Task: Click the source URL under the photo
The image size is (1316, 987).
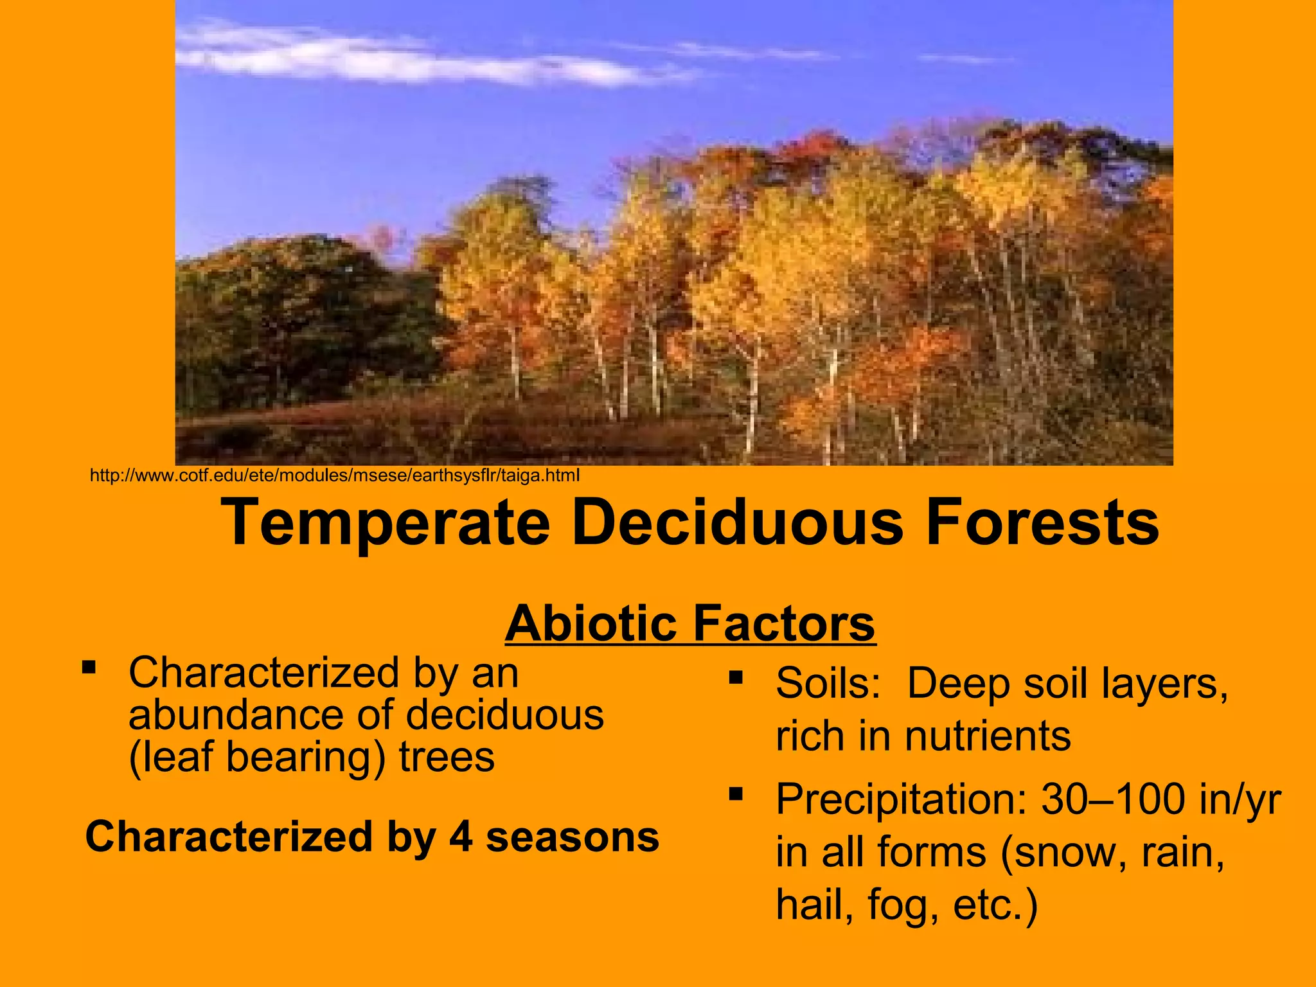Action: coord(334,476)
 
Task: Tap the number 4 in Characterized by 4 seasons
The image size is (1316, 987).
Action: coord(461,837)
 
